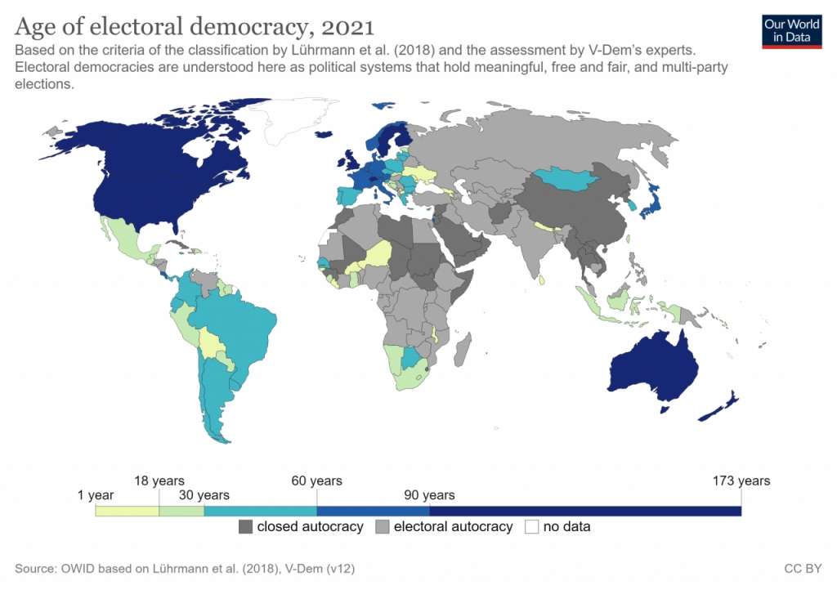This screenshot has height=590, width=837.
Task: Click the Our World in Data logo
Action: point(791,30)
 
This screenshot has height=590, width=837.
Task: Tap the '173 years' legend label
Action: point(741,480)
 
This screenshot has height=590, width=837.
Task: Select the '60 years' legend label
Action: point(316,480)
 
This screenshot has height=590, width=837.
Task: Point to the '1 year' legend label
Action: point(96,495)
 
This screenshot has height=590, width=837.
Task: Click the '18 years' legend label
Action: point(159,480)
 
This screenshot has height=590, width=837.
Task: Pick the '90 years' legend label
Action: point(429,495)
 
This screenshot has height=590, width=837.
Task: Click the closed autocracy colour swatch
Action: point(245,527)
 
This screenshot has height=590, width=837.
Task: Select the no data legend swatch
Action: point(532,527)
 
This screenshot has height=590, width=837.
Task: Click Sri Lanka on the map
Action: point(543,279)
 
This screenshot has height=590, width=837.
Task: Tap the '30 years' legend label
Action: point(204,495)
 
